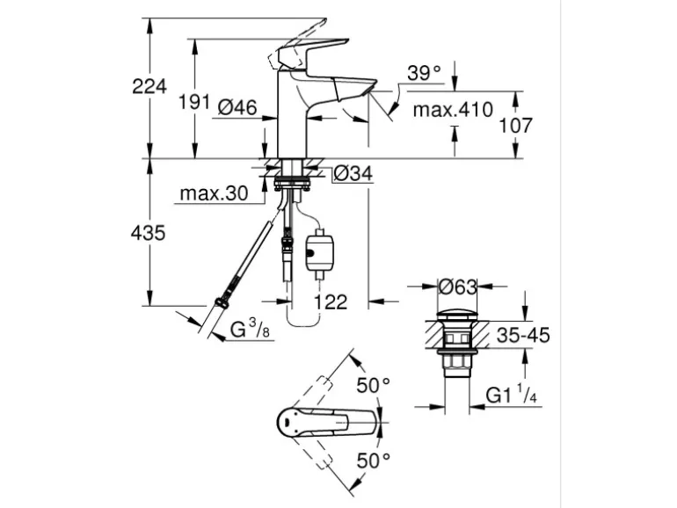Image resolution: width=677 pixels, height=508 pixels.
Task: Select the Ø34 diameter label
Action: tap(353, 175)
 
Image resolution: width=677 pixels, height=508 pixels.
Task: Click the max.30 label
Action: tap(210, 192)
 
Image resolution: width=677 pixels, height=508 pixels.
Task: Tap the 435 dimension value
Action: tap(149, 234)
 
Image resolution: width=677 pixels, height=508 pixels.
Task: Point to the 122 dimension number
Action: tap(330, 301)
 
